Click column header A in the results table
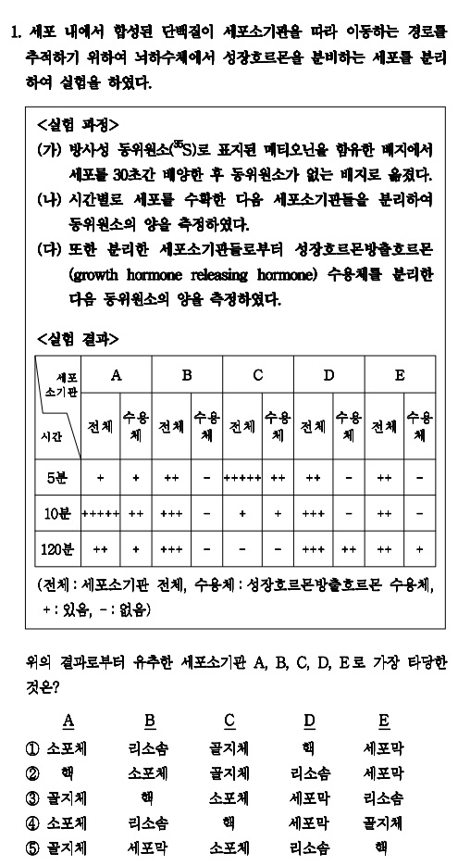tap(117, 375)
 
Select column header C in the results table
tap(258, 375)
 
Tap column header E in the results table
tap(400, 375)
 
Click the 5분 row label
tap(57, 478)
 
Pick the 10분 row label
tap(57, 512)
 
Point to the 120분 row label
tap(57, 547)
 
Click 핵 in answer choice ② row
tap(68, 772)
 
